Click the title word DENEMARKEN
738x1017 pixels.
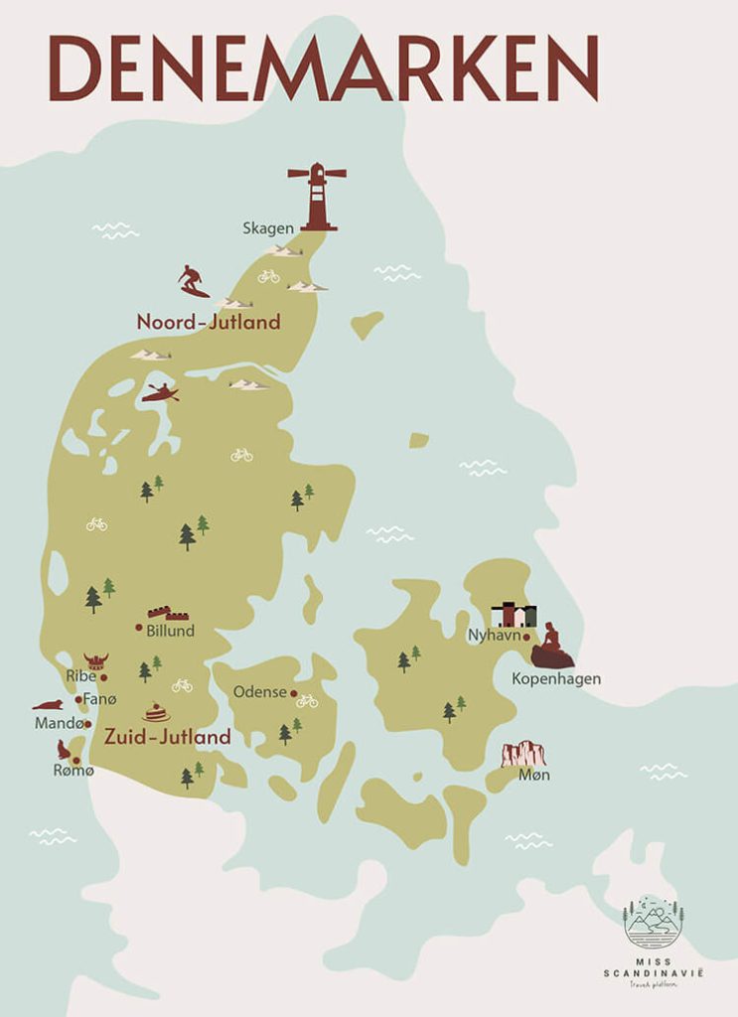pos(324,68)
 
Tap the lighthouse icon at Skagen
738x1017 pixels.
pos(317,197)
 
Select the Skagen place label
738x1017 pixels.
pos(268,228)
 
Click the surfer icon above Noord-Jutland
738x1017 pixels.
pos(193,281)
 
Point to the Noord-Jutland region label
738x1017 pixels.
pos(209,322)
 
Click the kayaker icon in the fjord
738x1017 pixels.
pos(159,393)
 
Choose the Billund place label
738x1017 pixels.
pos(170,631)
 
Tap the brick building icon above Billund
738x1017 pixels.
pos(168,613)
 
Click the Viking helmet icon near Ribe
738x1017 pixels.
pos(95,661)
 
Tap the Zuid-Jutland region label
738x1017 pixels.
pos(168,737)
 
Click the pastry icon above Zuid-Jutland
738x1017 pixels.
pos(156,712)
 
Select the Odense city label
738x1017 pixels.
pos(259,692)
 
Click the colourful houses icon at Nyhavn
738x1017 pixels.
pos(514,615)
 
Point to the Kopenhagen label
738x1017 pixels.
pos(556,679)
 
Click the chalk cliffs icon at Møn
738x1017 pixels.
pos(523,754)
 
